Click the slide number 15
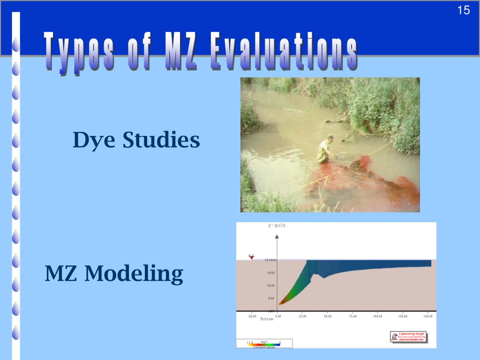(463, 10)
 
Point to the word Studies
(161, 140)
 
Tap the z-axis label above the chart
(277, 225)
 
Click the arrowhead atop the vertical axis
(277, 237)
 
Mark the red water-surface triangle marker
(251, 257)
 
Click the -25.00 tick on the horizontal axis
(252, 316)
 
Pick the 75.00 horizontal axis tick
(352, 316)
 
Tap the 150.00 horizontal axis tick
(427, 316)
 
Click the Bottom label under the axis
(267, 320)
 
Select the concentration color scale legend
(264, 344)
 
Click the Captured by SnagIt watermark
(408, 337)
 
